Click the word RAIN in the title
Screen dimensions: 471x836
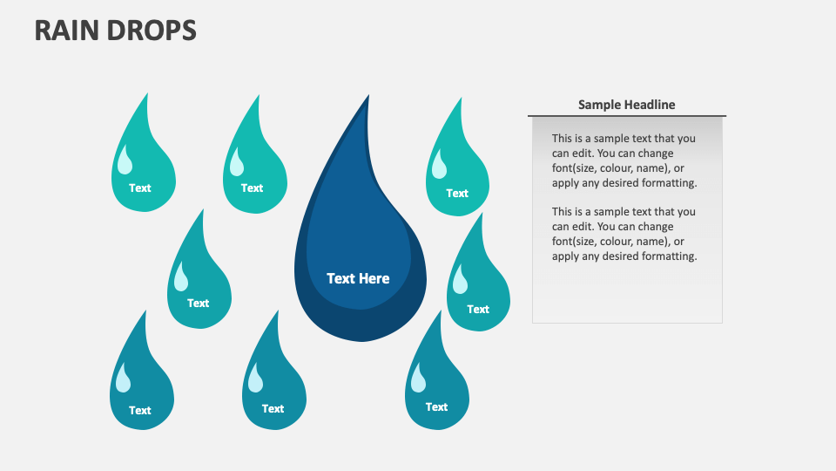pyautogui.click(x=65, y=31)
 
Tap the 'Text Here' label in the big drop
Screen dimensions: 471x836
pyautogui.click(x=358, y=278)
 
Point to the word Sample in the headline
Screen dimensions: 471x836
pyautogui.click(x=599, y=105)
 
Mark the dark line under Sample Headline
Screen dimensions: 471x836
pyautogui.click(x=627, y=116)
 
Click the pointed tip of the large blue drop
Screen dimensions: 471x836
pyautogui.click(x=367, y=98)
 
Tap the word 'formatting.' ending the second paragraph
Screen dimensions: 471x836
pyautogui.click(x=670, y=256)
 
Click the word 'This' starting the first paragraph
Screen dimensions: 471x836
pyautogui.click(x=563, y=139)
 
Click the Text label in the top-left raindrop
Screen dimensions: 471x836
pyautogui.click(x=140, y=188)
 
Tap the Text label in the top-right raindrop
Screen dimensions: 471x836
pyautogui.click(x=457, y=193)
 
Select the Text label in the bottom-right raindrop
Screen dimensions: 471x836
pyautogui.click(x=436, y=406)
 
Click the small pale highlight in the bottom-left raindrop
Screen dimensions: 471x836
pyautogui.click(x=124, y=379)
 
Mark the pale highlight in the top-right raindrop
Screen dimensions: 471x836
pyautogui.click(x=440, y=165)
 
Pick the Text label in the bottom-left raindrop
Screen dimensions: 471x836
pyautogui.click(x=140, y=410)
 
